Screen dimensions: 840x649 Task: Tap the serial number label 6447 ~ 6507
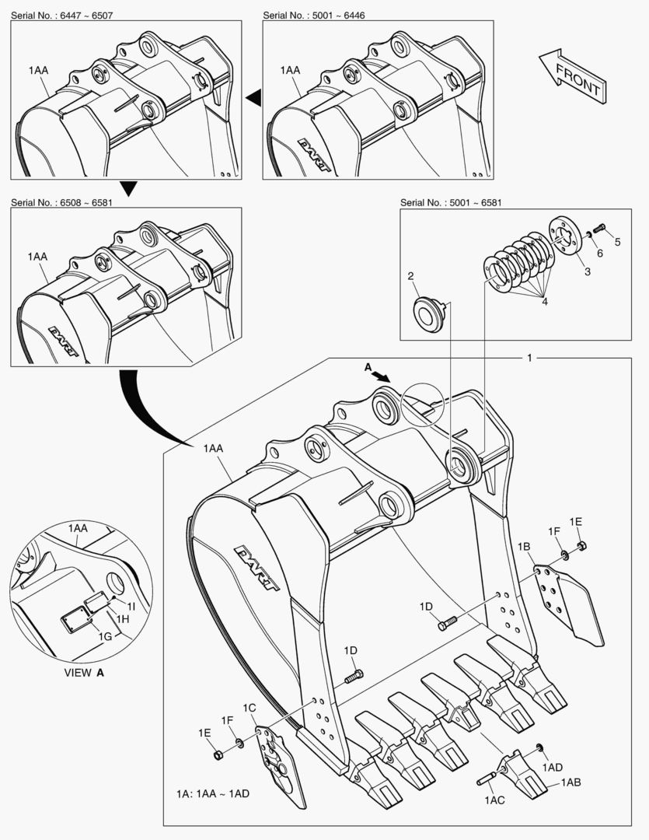[x=62, y=16]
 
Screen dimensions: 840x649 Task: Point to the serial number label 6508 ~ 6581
[x=62, y=202]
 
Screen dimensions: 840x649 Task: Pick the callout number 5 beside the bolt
[x=618, y=241]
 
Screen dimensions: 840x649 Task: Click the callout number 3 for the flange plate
[x=588, y=271]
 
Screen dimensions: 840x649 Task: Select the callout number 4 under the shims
[x=545, y=301]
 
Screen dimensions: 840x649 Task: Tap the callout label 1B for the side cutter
[x=524, y=548]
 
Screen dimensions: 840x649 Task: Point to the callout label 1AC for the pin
[x=495, y=800]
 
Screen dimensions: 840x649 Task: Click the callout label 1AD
[x=552, y=767]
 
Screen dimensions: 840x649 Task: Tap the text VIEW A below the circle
[x=83, y=672]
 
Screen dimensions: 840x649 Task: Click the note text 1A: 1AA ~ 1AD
[x=212, y=794]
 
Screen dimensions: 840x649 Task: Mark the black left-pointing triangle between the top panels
[x=253, y=96]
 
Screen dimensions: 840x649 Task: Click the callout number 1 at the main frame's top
[x=529, y=358]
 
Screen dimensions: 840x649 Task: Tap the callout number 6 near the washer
[x=599, y=254]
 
